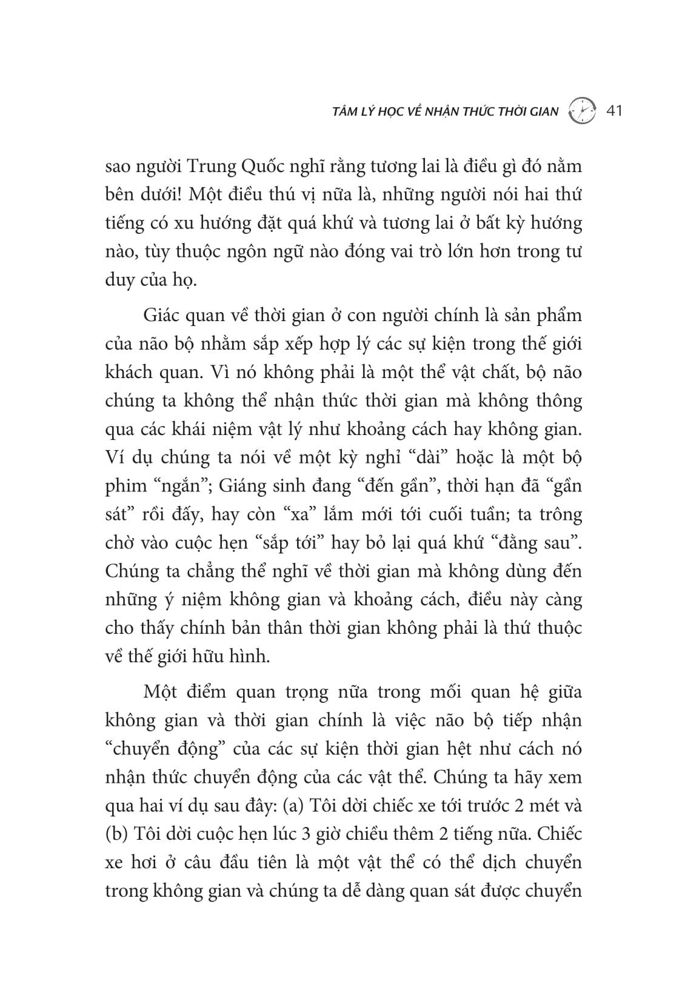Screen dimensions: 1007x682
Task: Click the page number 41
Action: [x=615, y=111]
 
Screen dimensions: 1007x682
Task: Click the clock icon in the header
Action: [x=583, y=111]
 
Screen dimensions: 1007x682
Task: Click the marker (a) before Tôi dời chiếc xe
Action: [x=297, y=806]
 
